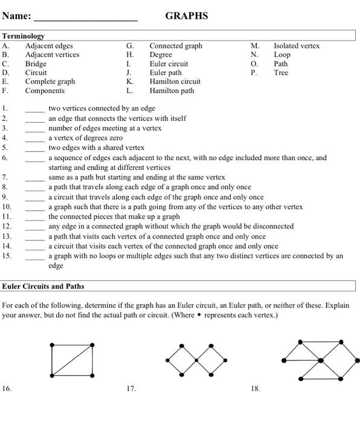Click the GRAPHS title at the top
pyautogui.click(x=186, y=16)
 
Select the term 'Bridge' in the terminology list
pyautogui.click(x=36, y=63)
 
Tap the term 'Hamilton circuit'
pyautogui.click(x=175, y=82)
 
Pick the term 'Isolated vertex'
pyautogui.click(x=297, y=45)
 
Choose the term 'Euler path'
pyautogui.click(x=166, y=73)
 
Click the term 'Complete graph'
pyautogui.click(x=50, y=82)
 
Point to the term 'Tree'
pyautogui.click(x=281, y=73)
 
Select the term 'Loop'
pyautogui.click(x=282, y=54)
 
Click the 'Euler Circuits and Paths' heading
pyautogui.click(x=43, y=286)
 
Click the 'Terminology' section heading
pyautogui.click(x=23, y=36)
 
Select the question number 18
pyautogui.click(x=256, y=389)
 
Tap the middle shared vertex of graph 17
pyautogui.click(x=196, y=360)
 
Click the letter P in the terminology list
pyautogui.click(x=254, y=73)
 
